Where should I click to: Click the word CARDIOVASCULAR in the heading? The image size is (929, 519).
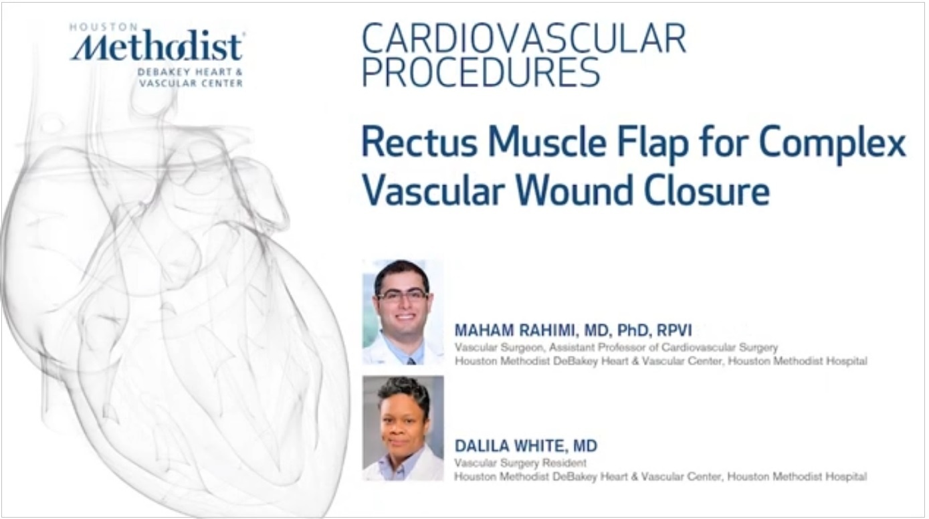tap(524, 39)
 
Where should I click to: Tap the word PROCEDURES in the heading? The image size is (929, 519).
tap(481, 72)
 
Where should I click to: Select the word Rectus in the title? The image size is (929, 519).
tap(419, 142)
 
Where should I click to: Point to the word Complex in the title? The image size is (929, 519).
tap(833, 144)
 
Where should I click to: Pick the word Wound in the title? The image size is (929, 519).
tap(574, 191)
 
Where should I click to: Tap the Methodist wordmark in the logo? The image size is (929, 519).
tap(157, 46)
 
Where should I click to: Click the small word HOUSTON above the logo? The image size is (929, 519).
tap(103, 27)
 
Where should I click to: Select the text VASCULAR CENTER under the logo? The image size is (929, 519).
tap(191, 84)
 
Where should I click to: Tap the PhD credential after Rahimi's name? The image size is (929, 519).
tap(633, 330)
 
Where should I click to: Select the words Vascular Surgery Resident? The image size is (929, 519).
tap(520, 463)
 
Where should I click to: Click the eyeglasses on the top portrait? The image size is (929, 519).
tap(402, 296)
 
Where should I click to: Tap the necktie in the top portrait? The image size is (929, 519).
tap(411, 361)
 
